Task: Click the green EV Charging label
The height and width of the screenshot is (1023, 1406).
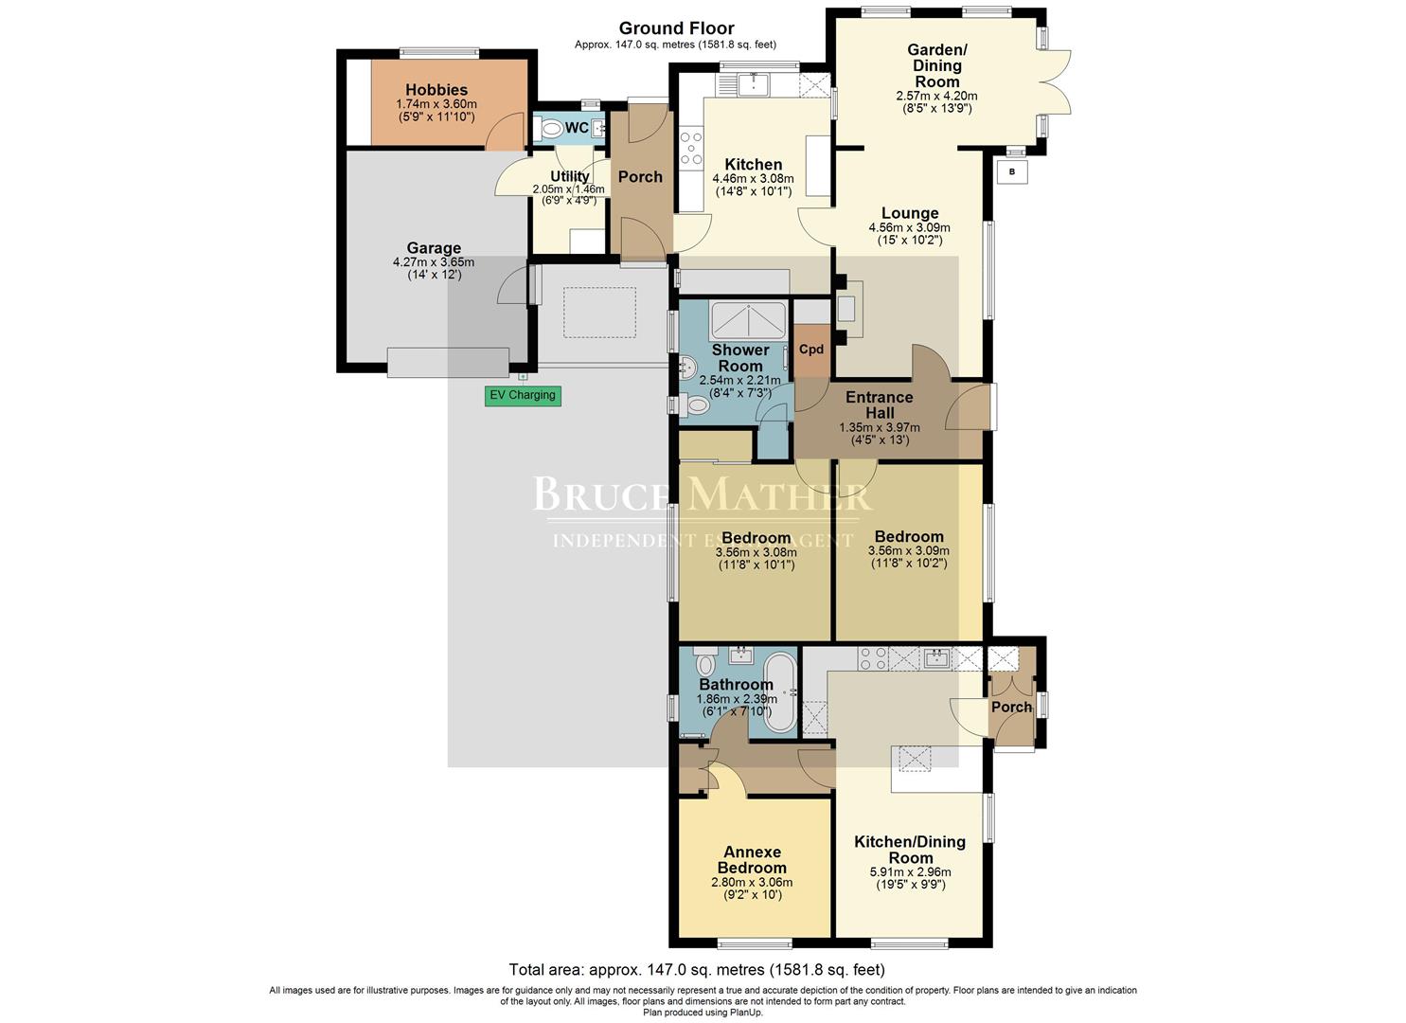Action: (x=523, y=395)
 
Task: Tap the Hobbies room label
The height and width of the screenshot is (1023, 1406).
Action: (x=436, y=90)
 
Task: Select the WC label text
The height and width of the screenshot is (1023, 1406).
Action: (x=577, y=128)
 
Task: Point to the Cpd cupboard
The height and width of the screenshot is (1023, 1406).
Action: (x=811, y=349)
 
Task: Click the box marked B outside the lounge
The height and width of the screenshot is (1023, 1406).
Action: (x=1012, y=171)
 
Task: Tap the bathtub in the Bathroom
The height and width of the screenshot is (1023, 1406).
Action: (x=781, y=691)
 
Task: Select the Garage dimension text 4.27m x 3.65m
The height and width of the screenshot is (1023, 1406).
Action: (x=434, y=262)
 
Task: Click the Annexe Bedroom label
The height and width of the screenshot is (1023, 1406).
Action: (x=752, y=859)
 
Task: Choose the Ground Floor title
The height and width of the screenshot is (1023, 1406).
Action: (x=676, y=28)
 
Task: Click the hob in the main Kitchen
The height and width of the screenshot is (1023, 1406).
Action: (x=691, y=150)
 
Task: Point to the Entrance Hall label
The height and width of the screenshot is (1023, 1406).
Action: (x=879, y=404)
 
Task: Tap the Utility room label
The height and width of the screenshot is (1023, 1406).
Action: (x=570, y=176)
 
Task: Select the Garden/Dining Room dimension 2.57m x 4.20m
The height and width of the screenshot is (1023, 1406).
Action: (x=936, y=96)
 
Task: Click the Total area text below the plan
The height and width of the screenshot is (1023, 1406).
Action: (x=697, y=969)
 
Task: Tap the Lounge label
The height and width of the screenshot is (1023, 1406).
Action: (x=909, y=213)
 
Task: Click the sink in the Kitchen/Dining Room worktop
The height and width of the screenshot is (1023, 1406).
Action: (x=937, y=657)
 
